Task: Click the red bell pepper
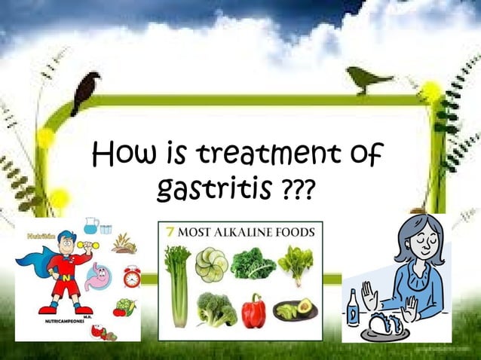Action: pos(253,310)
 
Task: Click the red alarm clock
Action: pos(132,276)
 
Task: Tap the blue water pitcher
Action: pos(91,224)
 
